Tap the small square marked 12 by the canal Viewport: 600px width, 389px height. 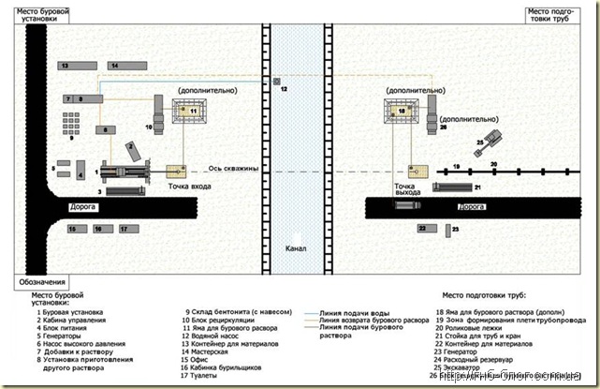276,82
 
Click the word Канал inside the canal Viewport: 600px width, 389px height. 297,248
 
